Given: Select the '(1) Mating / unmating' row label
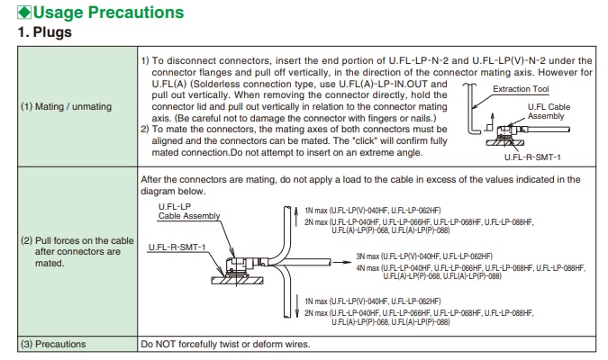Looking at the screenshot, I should [x=66, y=107].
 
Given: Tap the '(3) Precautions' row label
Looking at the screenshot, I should [x=53, y=344].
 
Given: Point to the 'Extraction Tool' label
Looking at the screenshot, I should [x=521, y=89].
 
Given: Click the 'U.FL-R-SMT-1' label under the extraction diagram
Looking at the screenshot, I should [x=533, y=157].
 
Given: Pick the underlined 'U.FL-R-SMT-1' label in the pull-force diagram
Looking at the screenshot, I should [x=177, y=247].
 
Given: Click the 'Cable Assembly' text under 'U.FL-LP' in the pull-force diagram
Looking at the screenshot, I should [x=189, y=215].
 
